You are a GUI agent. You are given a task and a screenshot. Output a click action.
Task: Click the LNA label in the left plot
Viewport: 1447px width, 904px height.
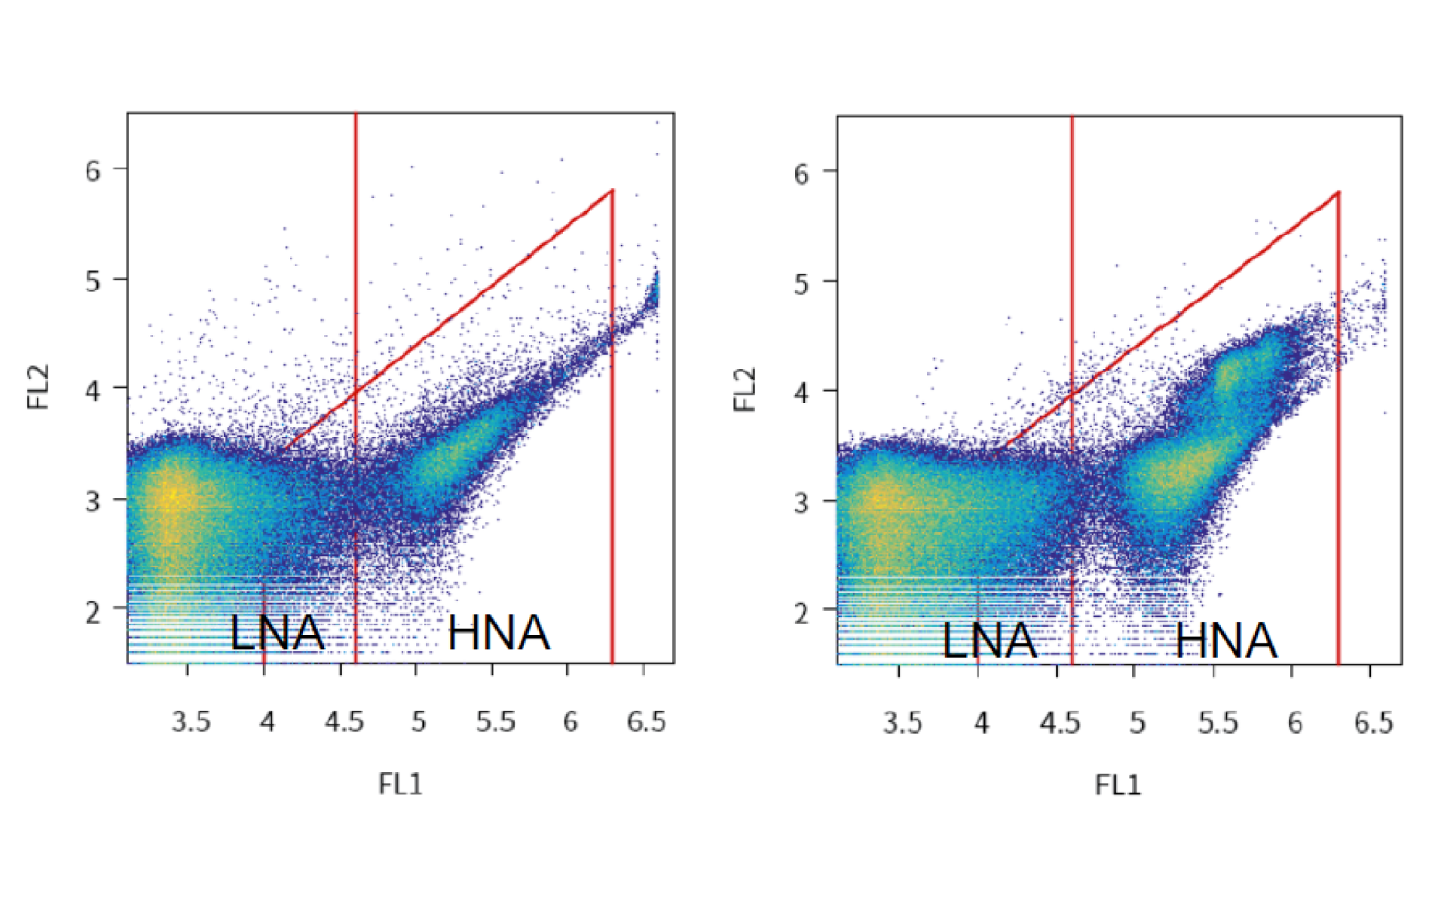pyautogui.click(x=277, y=633)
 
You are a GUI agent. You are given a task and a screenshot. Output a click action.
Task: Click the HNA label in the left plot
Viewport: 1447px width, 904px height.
pyautogui.click(x=498, y=633)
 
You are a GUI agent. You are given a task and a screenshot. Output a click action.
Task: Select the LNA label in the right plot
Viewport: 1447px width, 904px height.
pyautogui.click(x=990, y=641)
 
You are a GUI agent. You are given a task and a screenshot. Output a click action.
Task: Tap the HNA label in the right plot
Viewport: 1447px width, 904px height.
pyautogui.click(x=1226, y=641)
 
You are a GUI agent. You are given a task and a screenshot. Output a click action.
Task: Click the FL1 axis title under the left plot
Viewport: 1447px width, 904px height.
pyautogui.click(x=400, y=784)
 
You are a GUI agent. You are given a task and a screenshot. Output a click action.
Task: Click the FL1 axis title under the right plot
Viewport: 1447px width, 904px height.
pyautogui.click(x=1118, y=785)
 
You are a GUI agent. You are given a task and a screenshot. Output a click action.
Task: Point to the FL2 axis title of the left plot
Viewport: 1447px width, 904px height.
pyautogui.click(x=38, y=386)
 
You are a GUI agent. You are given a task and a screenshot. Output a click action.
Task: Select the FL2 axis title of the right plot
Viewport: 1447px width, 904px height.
pyautogui.click(x=745, y=389)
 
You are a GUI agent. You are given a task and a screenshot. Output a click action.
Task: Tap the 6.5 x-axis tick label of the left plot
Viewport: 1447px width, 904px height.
pyautogui.click(x=646, y=722)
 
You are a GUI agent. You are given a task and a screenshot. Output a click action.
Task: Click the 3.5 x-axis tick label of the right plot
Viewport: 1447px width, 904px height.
pyautogui.click(x=902, y=723)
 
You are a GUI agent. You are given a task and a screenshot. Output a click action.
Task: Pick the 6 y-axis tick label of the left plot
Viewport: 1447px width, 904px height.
pyautogui.click(x=93, y=171)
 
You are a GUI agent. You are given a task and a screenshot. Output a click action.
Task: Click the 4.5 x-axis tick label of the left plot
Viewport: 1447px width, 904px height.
pyautogui.click(x=344, y=722)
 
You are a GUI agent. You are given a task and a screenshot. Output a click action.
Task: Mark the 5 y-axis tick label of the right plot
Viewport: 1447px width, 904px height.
pyautogui.click(x=802, y=285)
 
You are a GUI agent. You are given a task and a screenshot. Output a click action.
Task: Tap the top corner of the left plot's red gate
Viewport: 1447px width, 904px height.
pyautogui.click(x=613, y=190)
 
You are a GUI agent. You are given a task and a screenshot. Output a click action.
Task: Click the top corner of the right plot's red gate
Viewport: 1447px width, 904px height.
pyautogui.click(x=1338, y=192)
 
